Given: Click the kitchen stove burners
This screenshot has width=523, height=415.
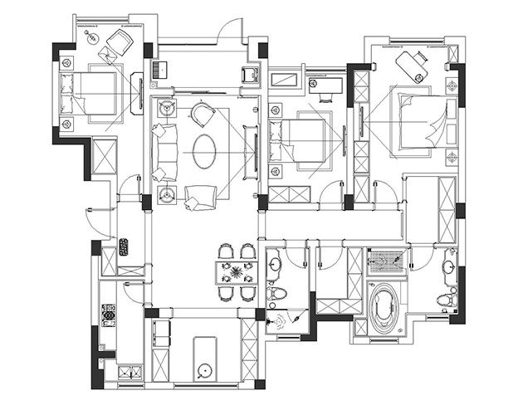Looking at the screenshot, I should click(x=107, y=314).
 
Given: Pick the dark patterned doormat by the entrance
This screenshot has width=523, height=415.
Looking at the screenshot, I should click(x=124, y=247).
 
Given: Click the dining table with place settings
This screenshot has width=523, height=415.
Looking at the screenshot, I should click(x=236, y=272).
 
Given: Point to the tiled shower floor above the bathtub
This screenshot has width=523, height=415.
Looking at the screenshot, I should click(x=386, y=262).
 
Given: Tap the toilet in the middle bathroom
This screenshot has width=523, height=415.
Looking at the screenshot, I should click(x=276, y=295).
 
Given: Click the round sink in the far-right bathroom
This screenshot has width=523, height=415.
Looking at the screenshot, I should click(x=449, y=266).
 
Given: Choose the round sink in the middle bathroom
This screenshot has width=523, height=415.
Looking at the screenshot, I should click(x=275, y=265).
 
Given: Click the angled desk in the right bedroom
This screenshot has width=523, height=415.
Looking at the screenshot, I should click(x=410, y=64).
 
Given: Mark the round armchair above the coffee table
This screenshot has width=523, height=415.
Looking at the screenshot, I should click(x=203, y=114).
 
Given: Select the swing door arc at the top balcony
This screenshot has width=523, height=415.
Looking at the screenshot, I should click(x=224, y=31).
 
